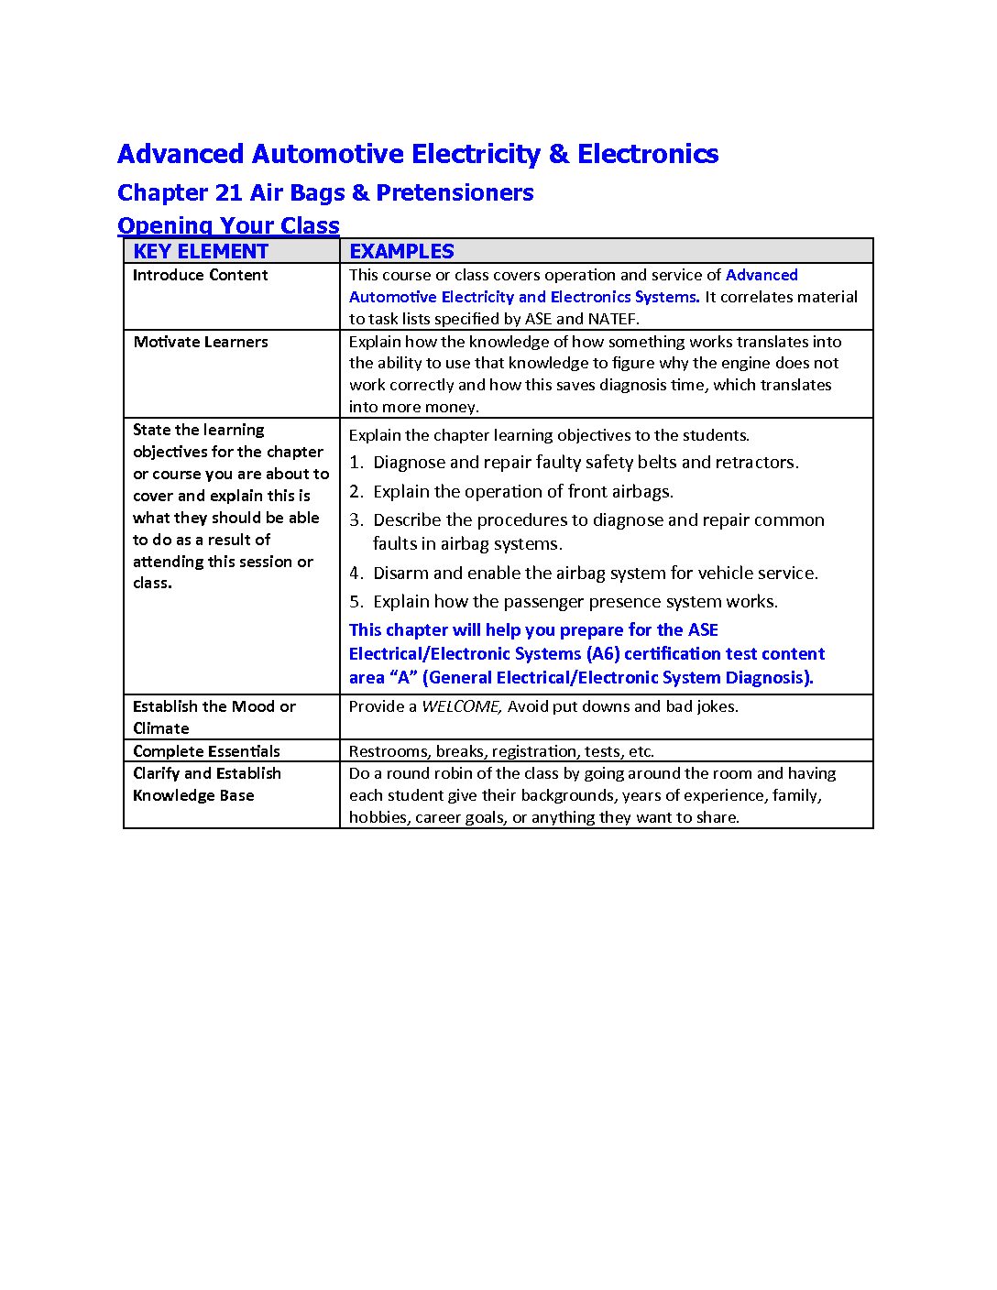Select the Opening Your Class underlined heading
[x=228, y=225]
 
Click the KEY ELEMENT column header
[x=201, y=251]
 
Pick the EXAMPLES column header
[x=401, y=251]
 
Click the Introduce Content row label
[x=200, y=275]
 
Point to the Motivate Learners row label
[x=200, y=342]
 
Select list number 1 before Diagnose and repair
[x=356, y=463]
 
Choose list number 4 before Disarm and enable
[x=356, y=574]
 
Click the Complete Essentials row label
[x=206, y=751]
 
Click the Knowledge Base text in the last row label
[x=193, y=795]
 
